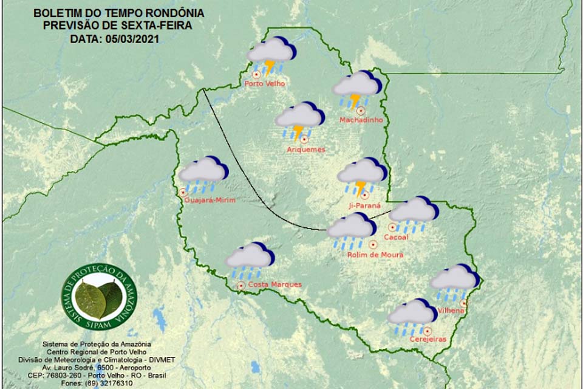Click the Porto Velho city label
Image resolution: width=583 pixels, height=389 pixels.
(264, 84)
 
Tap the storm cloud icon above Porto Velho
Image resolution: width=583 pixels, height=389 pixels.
(271, 55)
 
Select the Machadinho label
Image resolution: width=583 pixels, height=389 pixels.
(361, 120)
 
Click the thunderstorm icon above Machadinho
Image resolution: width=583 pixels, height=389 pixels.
(357, 89)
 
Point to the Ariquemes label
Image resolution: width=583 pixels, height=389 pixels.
(306, 150)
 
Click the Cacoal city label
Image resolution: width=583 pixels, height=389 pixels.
(397, 238)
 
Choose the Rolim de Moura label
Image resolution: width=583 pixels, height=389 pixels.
(375, 255)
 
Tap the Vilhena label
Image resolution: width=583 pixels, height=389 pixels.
(451, 311)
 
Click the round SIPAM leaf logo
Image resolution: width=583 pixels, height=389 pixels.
(98, 295)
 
